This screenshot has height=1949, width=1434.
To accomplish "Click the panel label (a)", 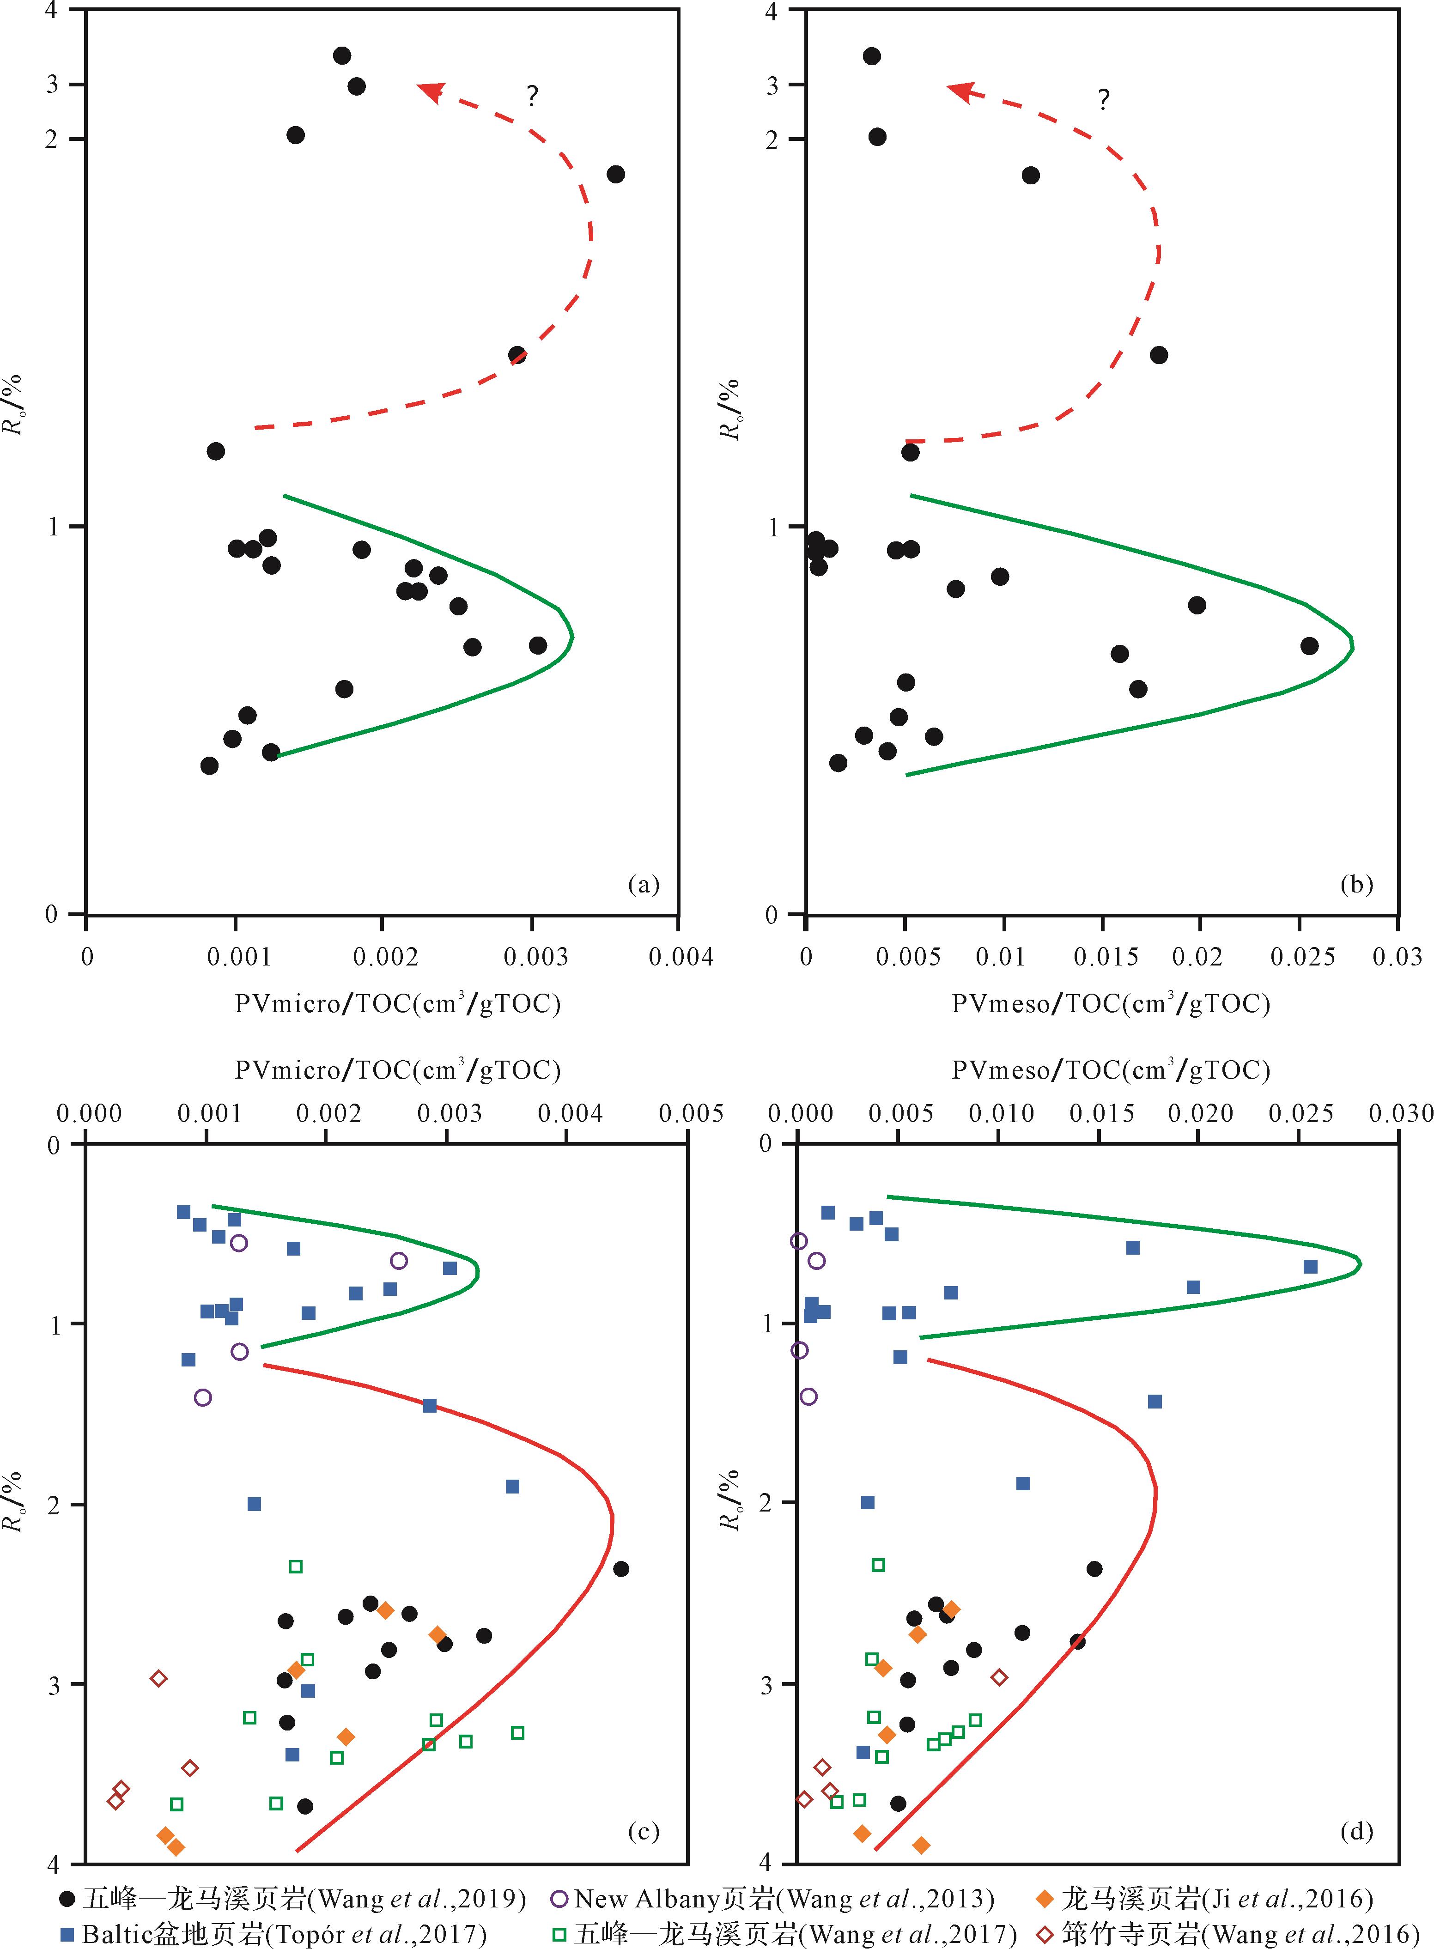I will pyautogui.click(x=643, y=884).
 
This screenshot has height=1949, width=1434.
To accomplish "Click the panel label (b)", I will pyautogui.click(x=1356, y=884).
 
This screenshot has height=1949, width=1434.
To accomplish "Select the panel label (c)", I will pyautogui.click(x=643, y=1831).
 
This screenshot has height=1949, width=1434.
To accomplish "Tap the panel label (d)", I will pyautogui.click(x=1356, y=1831).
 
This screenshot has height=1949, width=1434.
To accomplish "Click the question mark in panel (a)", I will pyautogui.click(x=532, y=96).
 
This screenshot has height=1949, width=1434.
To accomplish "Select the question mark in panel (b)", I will pyautogui.click(x=1103, y=100).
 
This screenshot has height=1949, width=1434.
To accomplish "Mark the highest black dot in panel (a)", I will pyautogui.click(x=342, y=55).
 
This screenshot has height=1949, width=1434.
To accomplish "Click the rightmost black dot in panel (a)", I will pyautogui.click(x=615, y=175).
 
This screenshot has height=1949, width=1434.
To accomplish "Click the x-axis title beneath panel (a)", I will pyautogui.click(x=398, y=1004).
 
